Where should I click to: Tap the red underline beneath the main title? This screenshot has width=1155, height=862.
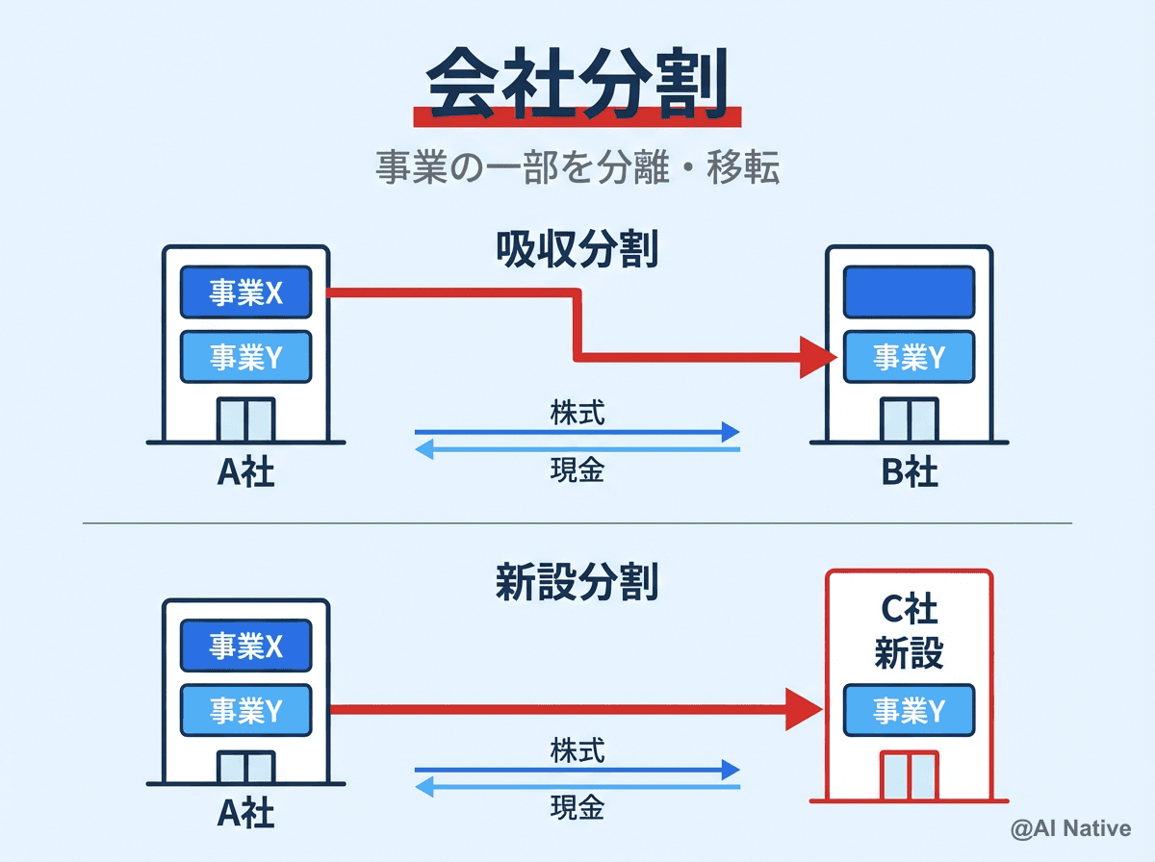(x=577, y=117)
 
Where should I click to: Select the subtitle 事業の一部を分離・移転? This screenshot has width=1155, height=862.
(x=577, y=167)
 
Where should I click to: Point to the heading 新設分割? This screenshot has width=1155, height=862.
(x=577, y=582)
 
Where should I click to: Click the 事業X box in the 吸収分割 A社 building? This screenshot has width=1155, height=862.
(x=246, y=292)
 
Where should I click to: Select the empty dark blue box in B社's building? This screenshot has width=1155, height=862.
(x=909, y=292)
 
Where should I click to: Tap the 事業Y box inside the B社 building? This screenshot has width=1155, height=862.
(x=909, y=357)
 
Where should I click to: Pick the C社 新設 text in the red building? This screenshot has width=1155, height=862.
(x=909, y=632)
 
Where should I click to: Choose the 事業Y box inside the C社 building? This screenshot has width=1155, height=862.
(x=909, y=710)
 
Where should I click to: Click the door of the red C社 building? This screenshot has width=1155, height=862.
(x=909, y=775)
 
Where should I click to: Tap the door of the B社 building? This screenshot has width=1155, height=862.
(x=909, y=419)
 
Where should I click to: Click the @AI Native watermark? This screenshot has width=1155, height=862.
(x=1070, y=828)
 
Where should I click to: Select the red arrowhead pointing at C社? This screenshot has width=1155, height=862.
(x=805, y=710)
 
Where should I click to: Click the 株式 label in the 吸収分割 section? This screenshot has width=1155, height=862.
(x=577, y=412)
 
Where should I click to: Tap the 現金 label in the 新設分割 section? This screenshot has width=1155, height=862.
(x=577, y=806)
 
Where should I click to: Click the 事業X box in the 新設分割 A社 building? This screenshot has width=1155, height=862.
(x=246, y=645)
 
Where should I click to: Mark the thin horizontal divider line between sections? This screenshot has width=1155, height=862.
(x=577, y=523)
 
